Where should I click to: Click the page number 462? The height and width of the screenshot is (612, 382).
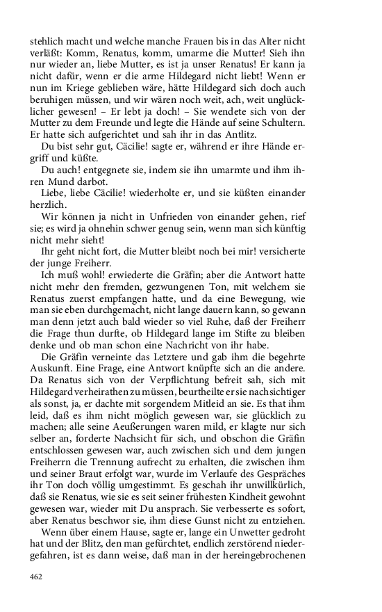point(38,577)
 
